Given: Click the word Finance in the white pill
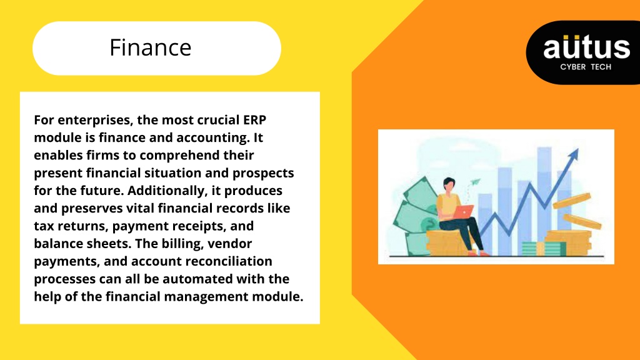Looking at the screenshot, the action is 150,47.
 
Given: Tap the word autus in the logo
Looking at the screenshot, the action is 586,46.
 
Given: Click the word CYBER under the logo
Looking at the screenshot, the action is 572,67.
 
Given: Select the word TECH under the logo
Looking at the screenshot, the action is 601,67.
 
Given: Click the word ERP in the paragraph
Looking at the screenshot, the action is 255,120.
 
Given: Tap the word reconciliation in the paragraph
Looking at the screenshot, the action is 232,261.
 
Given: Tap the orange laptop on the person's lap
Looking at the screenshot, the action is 463,212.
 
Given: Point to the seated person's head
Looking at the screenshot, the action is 449,184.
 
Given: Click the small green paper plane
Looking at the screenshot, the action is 475,182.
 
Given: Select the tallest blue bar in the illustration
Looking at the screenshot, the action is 544,200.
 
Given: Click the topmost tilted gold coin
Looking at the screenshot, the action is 571,201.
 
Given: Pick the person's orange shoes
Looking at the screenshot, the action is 478,253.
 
